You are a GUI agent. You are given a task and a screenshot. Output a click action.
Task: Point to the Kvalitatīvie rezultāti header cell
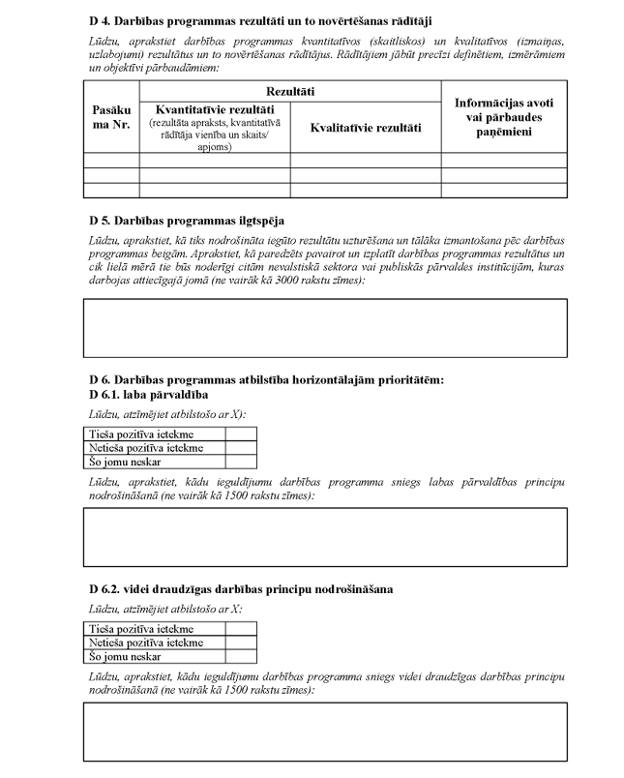point(366,127)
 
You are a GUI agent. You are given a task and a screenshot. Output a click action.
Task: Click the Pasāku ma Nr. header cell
point(111,118)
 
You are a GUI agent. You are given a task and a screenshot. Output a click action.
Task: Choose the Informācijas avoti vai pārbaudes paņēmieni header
point(504,116)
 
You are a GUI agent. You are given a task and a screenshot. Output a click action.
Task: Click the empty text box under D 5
point(325,328)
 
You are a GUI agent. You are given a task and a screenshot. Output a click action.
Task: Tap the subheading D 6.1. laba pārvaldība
point(148,395)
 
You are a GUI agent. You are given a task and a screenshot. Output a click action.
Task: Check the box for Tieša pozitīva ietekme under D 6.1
point(240,434)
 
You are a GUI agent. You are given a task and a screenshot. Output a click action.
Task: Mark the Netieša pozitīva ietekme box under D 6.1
point(240,448)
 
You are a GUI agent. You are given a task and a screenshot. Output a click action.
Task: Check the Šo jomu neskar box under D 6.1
point(240,462)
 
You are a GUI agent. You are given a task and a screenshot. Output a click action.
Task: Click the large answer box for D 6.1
point(325,536)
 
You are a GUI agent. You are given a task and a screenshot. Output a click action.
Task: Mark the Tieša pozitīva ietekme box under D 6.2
point(240,628)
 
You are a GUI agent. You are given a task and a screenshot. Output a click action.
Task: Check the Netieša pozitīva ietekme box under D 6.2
point(240,642)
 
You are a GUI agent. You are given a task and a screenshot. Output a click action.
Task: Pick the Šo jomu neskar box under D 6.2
point(240,655)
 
